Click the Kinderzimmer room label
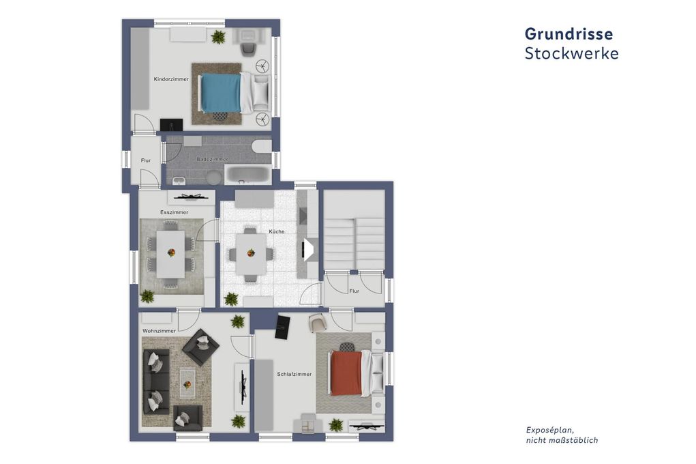[x=171, y=79]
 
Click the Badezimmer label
[x=212, y=159]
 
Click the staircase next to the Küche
[x=353, y=244]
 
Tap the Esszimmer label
[x=174, y=212]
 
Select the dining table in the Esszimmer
[x=170, y=253]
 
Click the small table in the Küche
[x=249, y=253]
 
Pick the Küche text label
[x=276, y=232]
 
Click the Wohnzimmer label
[x=159, y=331]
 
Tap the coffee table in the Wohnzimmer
[x=188, y=383]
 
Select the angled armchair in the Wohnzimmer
[x=200, y=347]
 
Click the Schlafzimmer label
[x=294, y=374]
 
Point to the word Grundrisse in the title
[x=569, y=33]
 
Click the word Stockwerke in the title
[x=571, y=53]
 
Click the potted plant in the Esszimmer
[x=147, y=296]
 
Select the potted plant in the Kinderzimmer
[x=218, y=37]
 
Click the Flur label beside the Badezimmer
[x=145, y=161]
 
